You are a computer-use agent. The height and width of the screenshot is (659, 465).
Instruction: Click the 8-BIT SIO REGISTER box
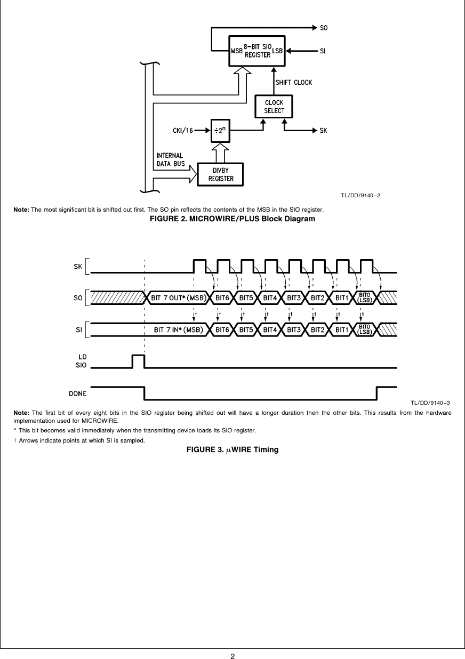[x=258, y=51]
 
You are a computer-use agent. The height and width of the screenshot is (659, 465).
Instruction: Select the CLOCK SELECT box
[x=274, y=107]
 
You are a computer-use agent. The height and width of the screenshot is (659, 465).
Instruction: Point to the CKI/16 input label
[x=182, y=130]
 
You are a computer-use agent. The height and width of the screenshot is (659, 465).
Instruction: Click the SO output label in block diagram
[x=324, y=26]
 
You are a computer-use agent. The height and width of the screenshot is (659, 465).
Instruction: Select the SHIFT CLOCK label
[x=293, y=83]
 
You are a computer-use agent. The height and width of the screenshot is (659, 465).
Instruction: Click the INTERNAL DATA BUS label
[x=170, y=159]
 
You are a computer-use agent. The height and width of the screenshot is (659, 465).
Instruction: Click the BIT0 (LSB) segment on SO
[x=365, y=298]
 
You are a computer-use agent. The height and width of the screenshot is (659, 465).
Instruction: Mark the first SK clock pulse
[x=199, y=266]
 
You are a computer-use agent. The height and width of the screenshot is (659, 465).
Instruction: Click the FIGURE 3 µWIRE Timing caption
[x=232, y=449]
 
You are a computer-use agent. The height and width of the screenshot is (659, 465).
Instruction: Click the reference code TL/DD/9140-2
[x=360, y=195]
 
